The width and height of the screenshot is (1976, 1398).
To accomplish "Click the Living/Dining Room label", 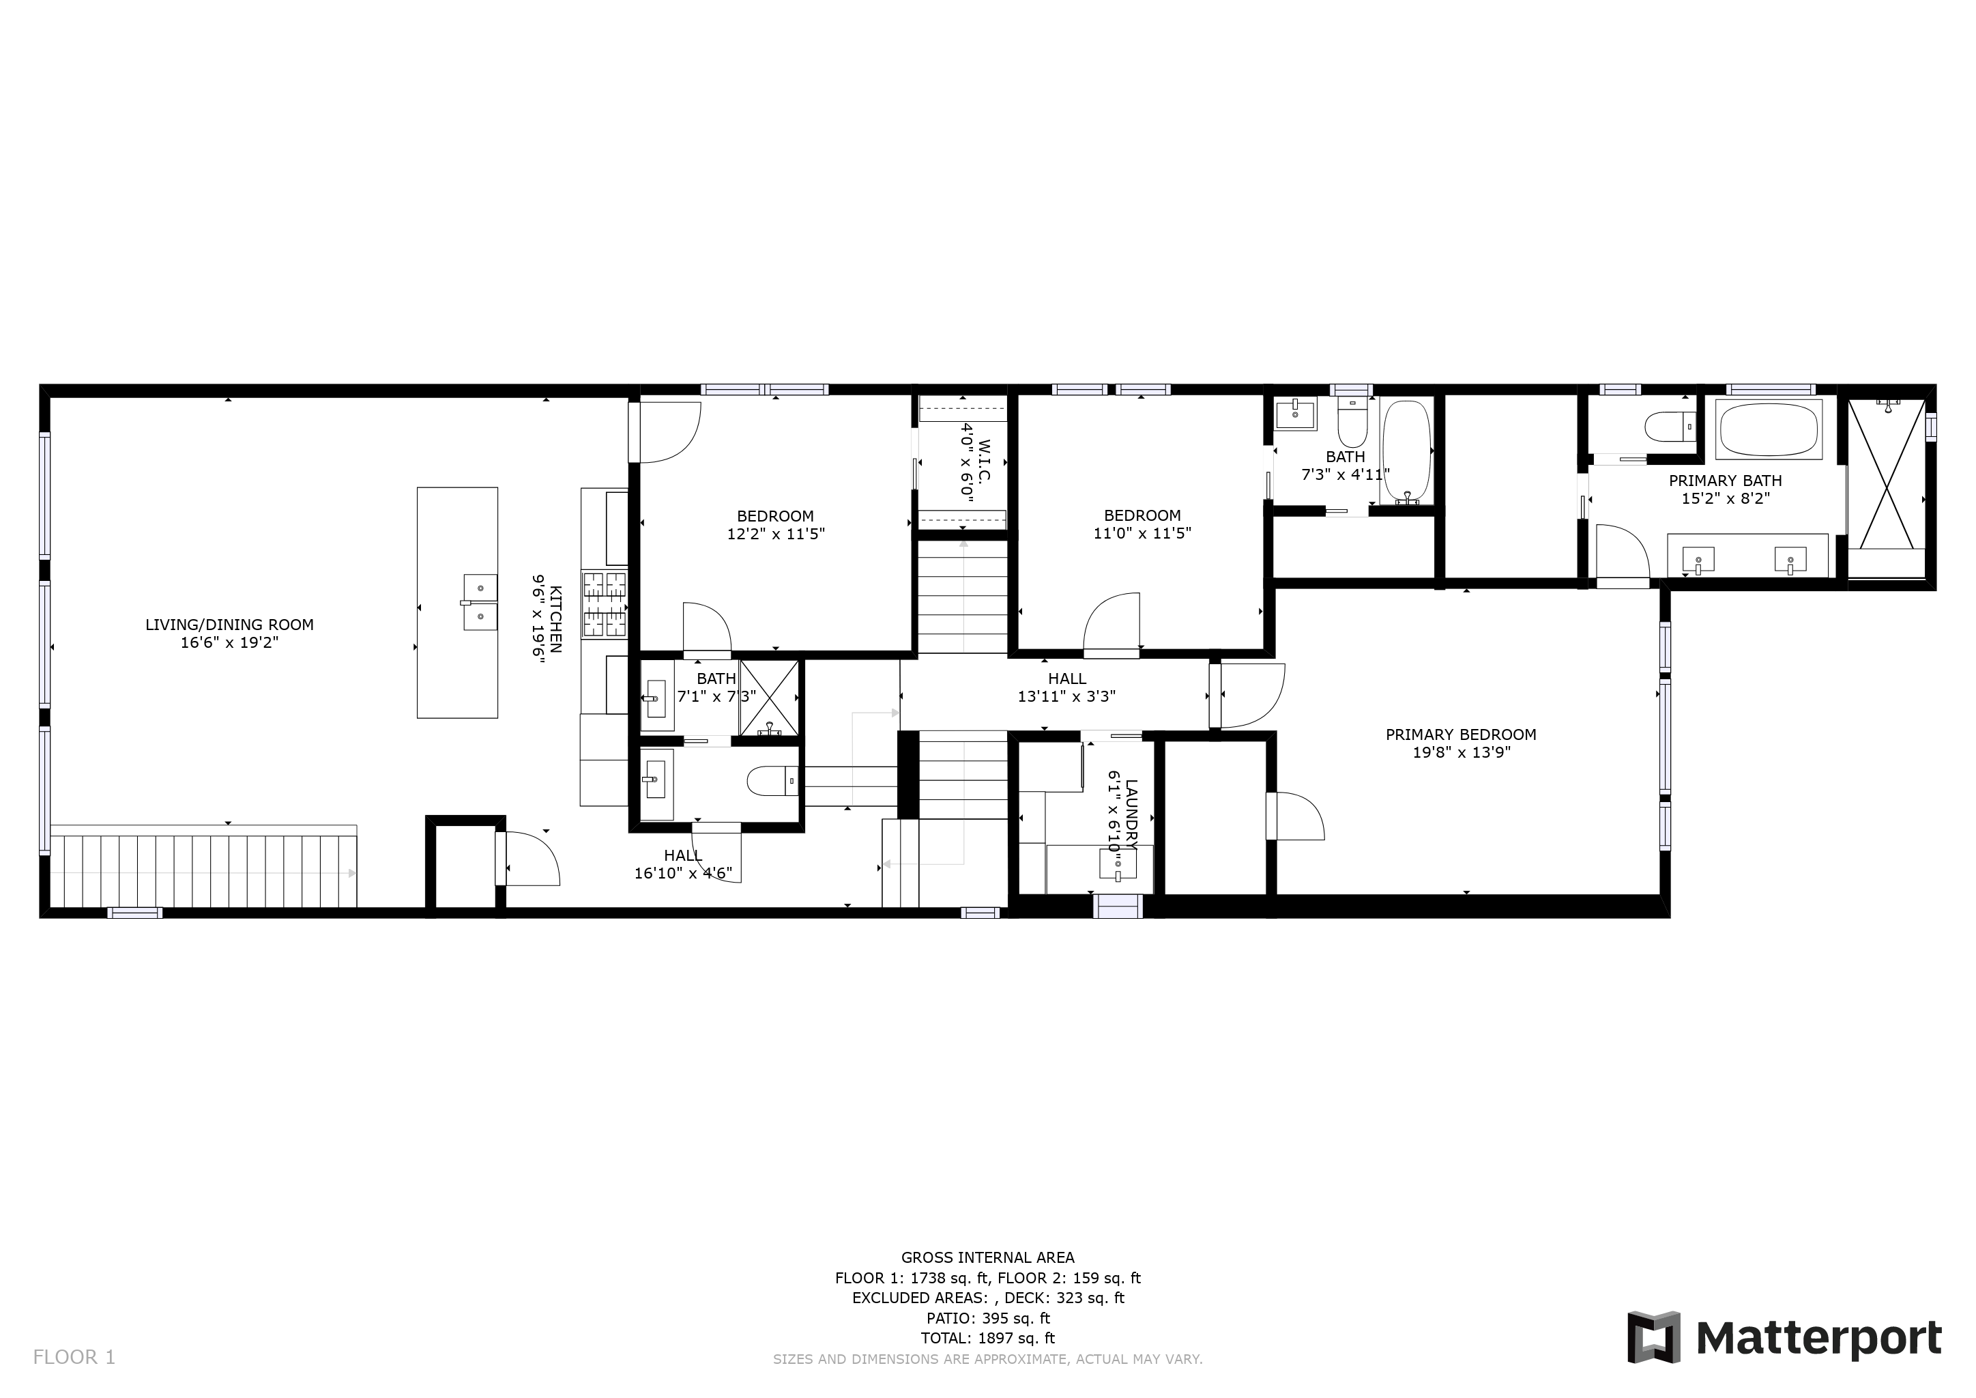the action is (x=229, y=625).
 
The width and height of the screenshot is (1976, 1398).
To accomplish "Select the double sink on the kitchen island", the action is (x=480, y=603).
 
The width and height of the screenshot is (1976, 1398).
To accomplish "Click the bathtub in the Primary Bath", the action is (x=1769, y=429).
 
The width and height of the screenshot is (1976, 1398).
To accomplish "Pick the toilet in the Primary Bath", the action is (x=1670, y=426).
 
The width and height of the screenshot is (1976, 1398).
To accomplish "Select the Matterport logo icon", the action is (x=1653, y=1337).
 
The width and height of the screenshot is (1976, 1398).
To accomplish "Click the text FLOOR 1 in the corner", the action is (x=74, y=1358).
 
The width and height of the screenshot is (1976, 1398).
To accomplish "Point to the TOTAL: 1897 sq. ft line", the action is (x=988, y=1338).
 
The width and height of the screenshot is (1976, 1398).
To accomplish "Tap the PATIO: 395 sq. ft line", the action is (x=988, y=1318).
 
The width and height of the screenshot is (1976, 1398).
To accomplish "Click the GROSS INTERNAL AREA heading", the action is (x=988, y=1257).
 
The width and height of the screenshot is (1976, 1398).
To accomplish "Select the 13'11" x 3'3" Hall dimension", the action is (x=1066, y=696).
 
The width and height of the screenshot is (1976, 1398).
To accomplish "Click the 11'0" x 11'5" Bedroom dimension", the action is (x=1142, y=533).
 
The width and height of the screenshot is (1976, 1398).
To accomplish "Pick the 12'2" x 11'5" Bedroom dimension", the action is (x=775, y=534).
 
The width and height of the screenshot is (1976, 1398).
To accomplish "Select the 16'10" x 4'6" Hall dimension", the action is (x=683, y=873).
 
